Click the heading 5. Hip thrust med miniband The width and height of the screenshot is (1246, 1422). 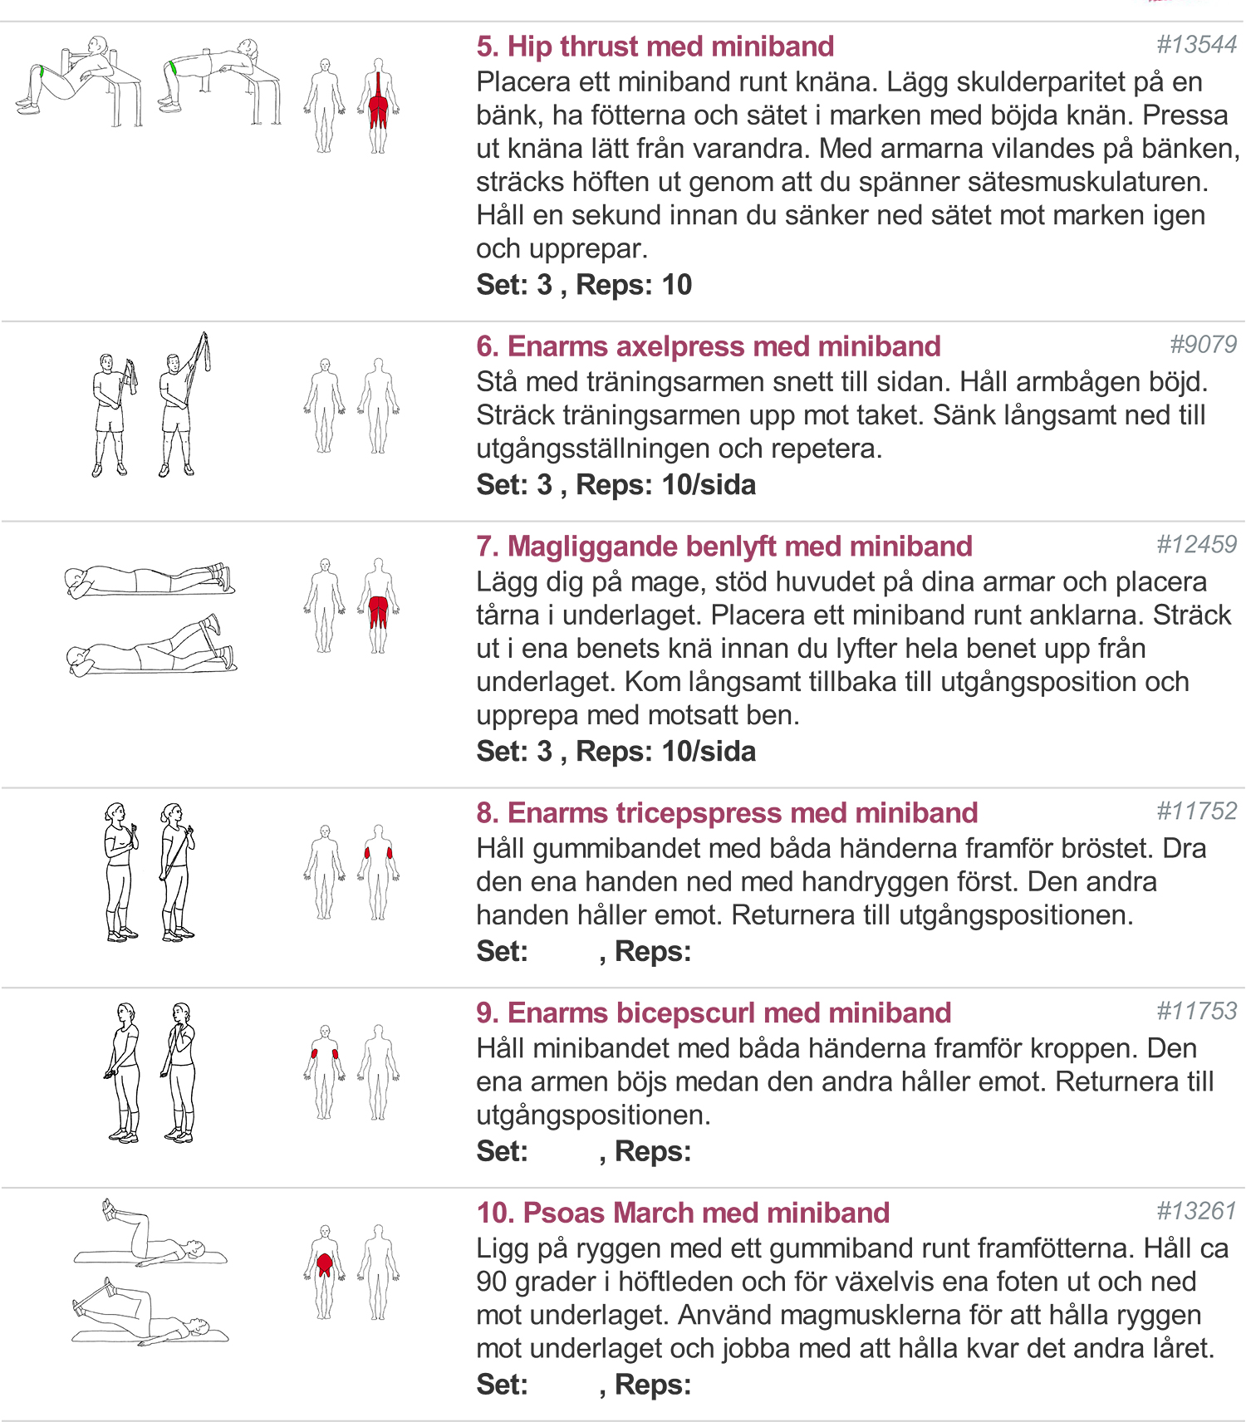(x=655, y=47)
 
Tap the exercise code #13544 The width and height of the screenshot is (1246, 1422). (x=1197, y=45)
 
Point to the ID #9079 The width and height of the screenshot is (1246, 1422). (x=1204, y=345)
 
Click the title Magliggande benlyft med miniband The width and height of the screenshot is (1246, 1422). (x=724, y=547)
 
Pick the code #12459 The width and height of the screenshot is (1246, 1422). (x=1197, y=545)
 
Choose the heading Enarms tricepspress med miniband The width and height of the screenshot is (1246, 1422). (x=727, y=813)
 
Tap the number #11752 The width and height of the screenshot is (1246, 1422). (x=1197, y=812)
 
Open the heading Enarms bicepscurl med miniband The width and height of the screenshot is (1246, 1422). (x=714, y=1013)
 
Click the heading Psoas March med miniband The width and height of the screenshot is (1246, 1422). (x=683, y=1214)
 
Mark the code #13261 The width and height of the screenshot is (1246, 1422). (x=1197, y=1211)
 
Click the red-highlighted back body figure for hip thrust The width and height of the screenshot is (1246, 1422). (x=379, y=105)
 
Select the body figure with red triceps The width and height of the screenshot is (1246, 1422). (x=379, y=872)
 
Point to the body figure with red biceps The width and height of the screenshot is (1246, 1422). (x=325, y=1072)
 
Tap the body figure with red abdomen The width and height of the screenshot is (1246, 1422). (x=325, y=1272)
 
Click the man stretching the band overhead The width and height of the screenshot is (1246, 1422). (x=183, y=405)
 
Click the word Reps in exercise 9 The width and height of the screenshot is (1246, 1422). (x=653, y=1152)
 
